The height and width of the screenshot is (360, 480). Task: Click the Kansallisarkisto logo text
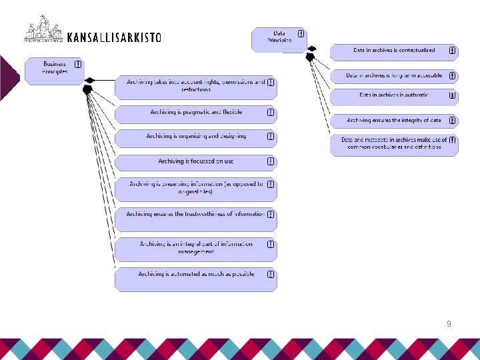(x=114, y=37)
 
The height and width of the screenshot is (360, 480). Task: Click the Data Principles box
(x=279, y=39)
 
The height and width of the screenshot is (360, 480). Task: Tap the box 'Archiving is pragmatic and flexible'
(x=195, y=113)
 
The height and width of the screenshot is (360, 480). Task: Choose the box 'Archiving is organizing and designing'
(x=195, y=137)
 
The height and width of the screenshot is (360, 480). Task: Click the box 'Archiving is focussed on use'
(x=195, y=162)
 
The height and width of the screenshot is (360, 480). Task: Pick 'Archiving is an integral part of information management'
(x=195, y=249)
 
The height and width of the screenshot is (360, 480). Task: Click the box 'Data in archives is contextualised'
(x=393, y=51)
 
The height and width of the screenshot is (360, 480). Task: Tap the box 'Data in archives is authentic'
(x=393, y=96)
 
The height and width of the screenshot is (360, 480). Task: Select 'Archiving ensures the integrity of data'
(x=393, y=121)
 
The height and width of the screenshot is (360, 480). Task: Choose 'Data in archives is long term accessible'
(x=393, y=76)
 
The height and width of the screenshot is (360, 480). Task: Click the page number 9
(x=449, y=323)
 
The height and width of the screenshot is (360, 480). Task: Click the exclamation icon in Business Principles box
(x=78, y=65)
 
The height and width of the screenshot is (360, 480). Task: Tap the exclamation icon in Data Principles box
(x=301, y=33)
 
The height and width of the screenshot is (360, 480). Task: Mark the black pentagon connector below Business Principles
(x=87, y=89)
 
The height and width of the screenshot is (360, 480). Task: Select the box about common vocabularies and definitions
(x=393, y=145)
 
